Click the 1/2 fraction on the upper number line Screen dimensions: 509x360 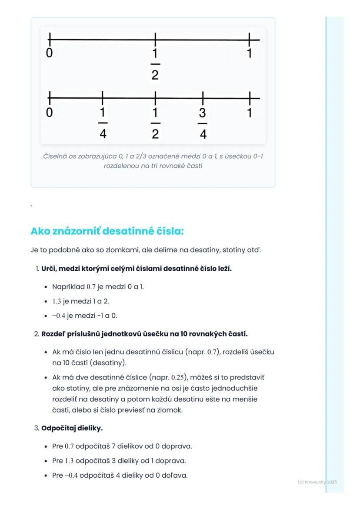[155, 64]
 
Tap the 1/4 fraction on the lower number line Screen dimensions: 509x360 [103, 123]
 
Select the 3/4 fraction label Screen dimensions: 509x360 [203, 123]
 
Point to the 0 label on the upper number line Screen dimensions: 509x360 [49, 53]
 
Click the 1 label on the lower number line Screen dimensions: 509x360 [250, 113]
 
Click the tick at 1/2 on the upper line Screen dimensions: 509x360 [155, 40]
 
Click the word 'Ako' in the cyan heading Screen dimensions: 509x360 [40, 231]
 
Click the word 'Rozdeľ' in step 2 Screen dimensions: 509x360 [53, 334]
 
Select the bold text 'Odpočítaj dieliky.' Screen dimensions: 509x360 [72, 428]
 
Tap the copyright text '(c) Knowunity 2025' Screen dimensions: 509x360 [317, 482]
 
